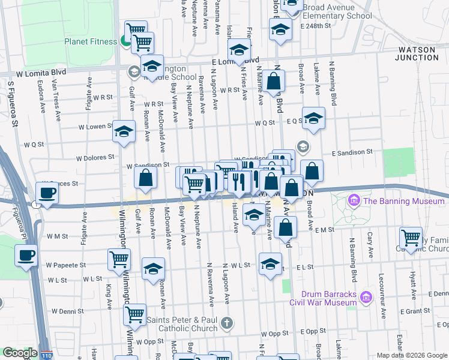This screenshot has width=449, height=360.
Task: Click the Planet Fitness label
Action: click(91, 42)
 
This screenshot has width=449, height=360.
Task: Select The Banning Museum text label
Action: click(404, 201)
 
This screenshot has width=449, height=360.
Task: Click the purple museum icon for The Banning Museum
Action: click(354, 200)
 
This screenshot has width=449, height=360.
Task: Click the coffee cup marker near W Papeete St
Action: click(25, 255)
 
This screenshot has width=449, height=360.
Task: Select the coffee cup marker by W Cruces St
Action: click(47, 193)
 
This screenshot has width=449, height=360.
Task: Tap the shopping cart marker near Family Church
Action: click(410, 237)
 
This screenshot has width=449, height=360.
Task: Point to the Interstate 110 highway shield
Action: click(45, 355)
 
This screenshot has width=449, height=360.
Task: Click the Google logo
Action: click(20, 353)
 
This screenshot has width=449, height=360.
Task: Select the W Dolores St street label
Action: click(94, 157)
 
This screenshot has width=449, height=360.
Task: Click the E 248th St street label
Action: click(316, 26)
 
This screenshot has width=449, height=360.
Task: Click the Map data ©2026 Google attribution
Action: click(412, 355)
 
